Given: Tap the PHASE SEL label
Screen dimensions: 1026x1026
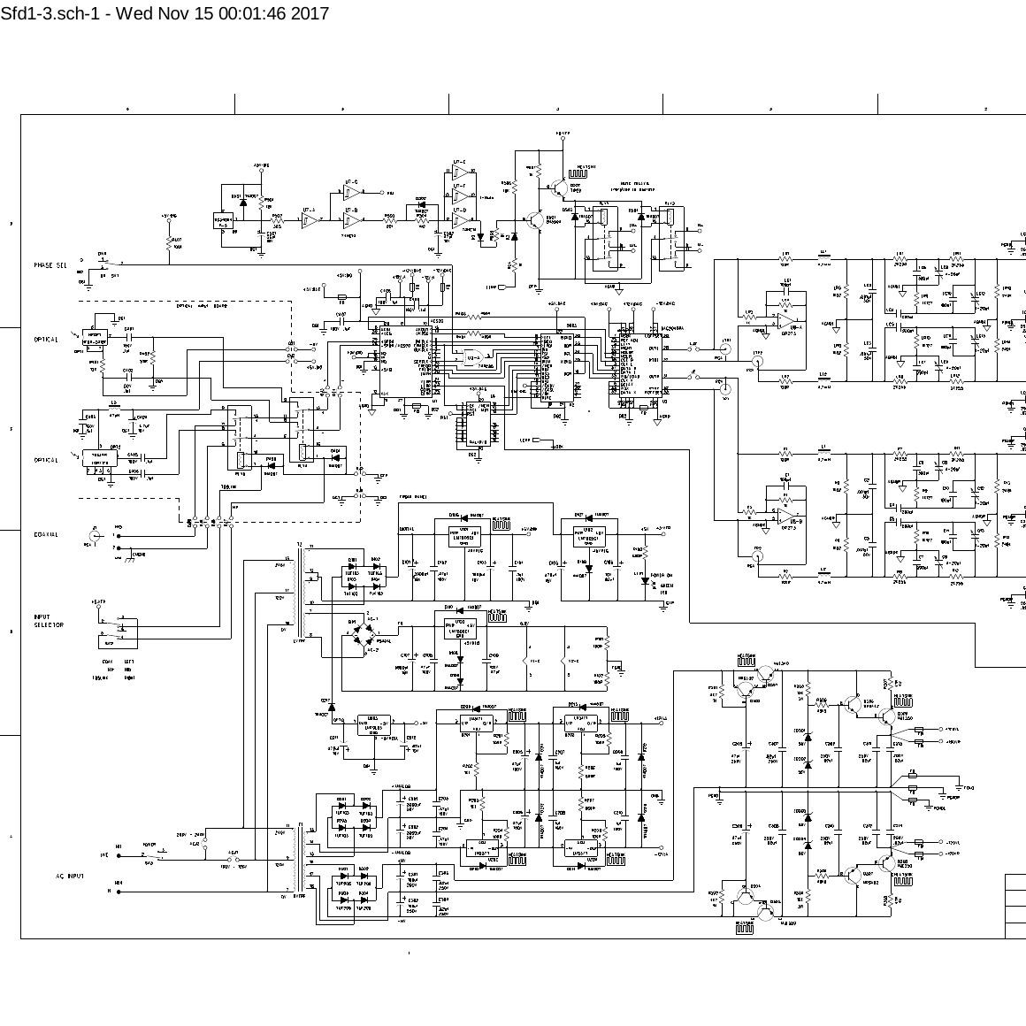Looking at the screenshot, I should pyautogui.click(x=50, y=265).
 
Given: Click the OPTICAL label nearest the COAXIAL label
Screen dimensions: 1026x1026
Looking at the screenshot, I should pyautogui.click(x=46, y=460).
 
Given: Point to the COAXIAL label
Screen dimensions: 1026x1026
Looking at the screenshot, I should pyautogui.click(x=46, y=534).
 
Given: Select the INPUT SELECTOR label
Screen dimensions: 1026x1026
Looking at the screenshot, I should pyautogui.click(x=49, y=621).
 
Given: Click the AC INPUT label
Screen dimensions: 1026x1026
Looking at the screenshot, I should pyautogui.click(x=67, y=876).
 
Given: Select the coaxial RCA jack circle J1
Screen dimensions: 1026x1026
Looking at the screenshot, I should pyautogui.click(x=95, y=535).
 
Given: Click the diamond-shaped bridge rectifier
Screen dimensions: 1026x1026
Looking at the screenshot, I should pyautogui.click(x=359, y=637).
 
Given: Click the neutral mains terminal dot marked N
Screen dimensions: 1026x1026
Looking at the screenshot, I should pyautogui.click(x=118, y=892).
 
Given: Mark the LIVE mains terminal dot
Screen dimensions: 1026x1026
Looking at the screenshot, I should pyautogui.click(x=118, y=855).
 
